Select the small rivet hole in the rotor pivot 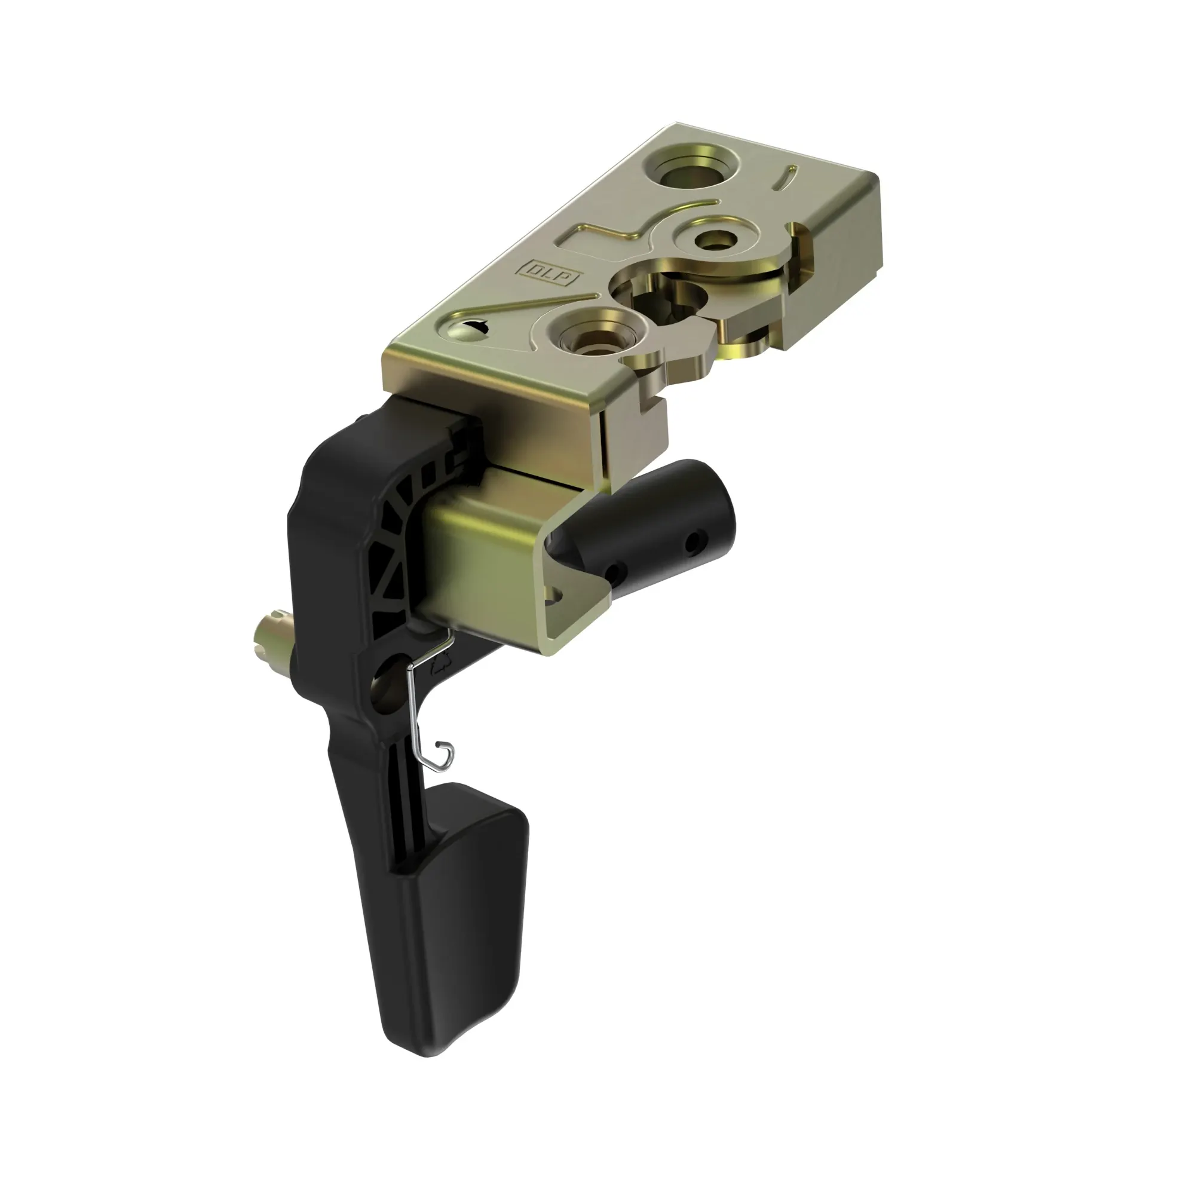click(716, 239)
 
